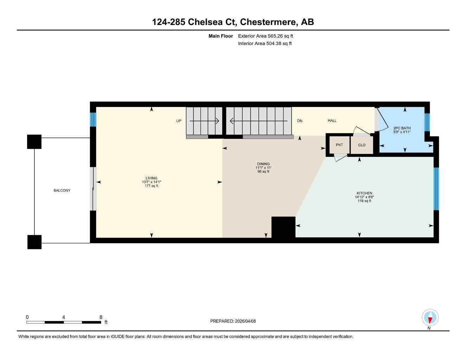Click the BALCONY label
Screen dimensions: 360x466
[x=62, y=191]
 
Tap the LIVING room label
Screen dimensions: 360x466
[x=152, y=178]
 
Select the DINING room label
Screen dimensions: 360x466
[x=263, y=164]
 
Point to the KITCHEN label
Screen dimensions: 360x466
[x=364, y=193]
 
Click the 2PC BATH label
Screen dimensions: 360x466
[x=402, y=128]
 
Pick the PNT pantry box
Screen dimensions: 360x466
[x=339, y=145]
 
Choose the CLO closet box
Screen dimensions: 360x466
[x=362, y=145]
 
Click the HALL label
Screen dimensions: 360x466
[x=332, y=121]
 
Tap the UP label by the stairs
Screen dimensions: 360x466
[x=179, y=121]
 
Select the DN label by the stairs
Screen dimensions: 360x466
[x=300, y=121]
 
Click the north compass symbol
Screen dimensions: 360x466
[x=430, y=318]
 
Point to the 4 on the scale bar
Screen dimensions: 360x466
[x=64, y=317]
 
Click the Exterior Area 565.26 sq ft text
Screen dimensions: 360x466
[x=266, y=36]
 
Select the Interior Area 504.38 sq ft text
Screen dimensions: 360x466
[x=265, y=44]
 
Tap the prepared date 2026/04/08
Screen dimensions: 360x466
[x=245, y=321]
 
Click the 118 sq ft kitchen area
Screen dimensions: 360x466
[x=364, y=201]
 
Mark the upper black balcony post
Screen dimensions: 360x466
[x=34, y=142]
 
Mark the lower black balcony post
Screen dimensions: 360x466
[x=34, y=242]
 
